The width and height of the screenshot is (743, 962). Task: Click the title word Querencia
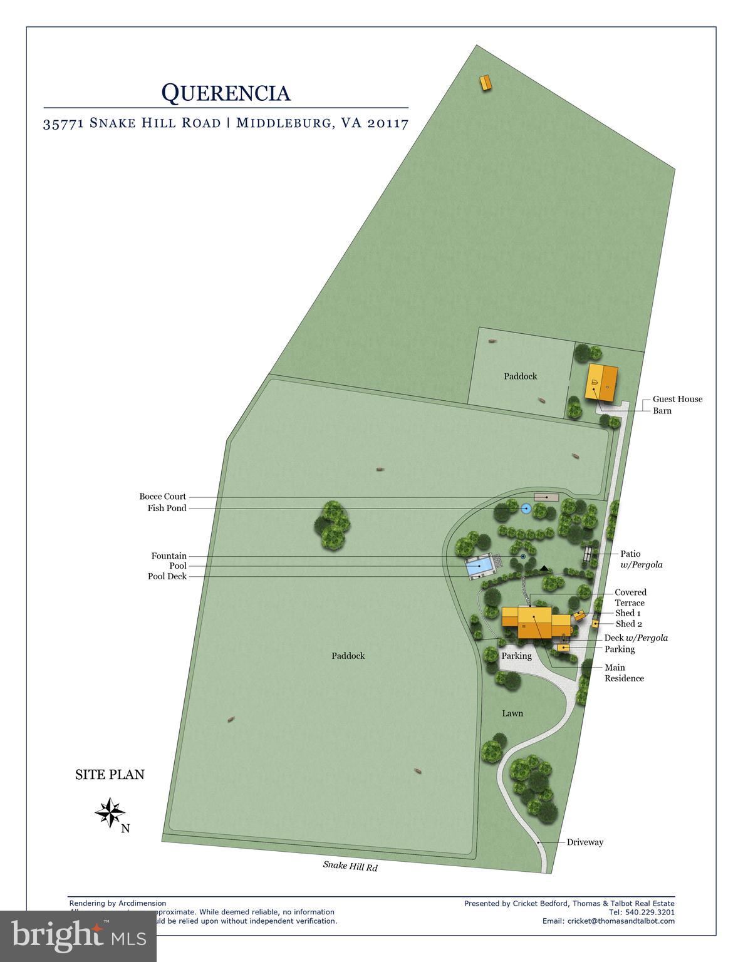[226, 93]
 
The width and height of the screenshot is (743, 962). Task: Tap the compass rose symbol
[110, 812]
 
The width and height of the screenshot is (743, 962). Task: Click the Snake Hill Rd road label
[350, 866]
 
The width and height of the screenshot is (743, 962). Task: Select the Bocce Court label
[162, 497]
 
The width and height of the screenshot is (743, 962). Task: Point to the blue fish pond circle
[526, 509]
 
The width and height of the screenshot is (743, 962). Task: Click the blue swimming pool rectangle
[479, 567]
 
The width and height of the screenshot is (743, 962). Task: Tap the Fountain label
[169, 556]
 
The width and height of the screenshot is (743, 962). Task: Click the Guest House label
[677, 399]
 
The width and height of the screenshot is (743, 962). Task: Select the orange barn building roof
[601, 383]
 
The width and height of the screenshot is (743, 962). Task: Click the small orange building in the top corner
[484, 83]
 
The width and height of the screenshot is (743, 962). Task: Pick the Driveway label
[585, 842]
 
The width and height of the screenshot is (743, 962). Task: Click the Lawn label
[512, 713]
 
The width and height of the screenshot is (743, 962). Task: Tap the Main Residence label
[624, 673]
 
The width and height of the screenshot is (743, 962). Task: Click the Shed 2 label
[628, 624]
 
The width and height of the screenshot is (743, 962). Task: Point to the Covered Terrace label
[630, 597]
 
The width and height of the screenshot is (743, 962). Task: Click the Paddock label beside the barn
[520, 376]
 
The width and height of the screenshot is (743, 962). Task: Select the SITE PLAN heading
[110, 775]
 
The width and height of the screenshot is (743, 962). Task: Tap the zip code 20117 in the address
[388, 123]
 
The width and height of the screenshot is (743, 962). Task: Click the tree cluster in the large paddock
[331, 525]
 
